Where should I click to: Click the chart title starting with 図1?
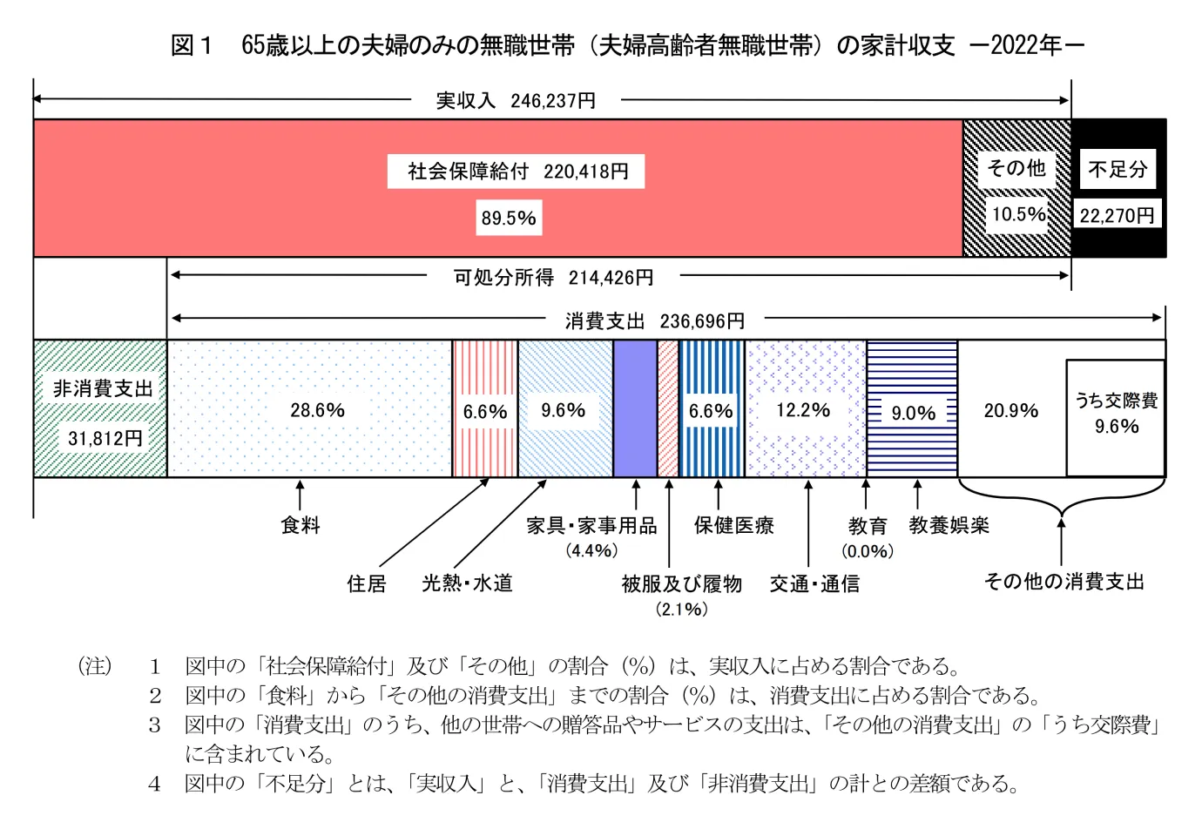coord(627,45)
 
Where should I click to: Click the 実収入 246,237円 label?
coord(516,101)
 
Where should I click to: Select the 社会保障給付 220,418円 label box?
coord(517,172)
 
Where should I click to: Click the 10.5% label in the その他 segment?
coord(1018,214)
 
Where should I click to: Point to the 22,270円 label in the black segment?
coord(1117,215)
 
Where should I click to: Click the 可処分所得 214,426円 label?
coord(553,278)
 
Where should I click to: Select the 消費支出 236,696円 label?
coord(654,321)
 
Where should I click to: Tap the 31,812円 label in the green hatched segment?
coord(105,438)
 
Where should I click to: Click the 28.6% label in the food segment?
coord(317,410)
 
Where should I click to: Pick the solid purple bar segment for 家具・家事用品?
coord(635,408)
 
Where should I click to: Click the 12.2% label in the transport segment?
coord(803,410)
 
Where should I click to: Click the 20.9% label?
coord(1010,411)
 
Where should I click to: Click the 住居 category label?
coord(366,583)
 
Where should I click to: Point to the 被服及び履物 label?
coord(681,583)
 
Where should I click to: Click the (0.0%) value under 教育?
coord(867,551)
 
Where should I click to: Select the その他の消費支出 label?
coord(1064,582)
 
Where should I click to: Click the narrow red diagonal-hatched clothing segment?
coord(668,408)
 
